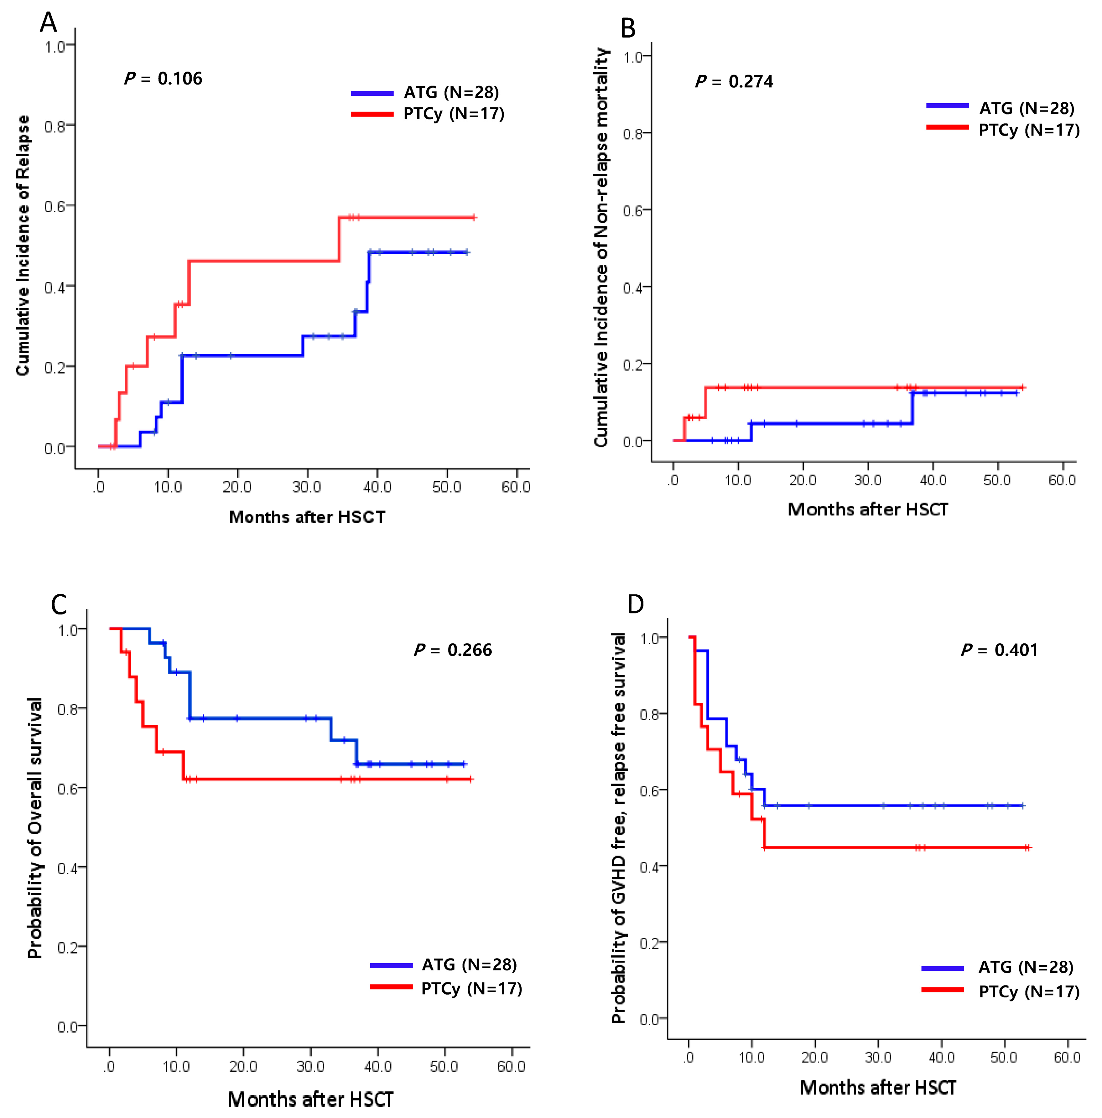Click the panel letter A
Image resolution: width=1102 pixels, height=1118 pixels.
coord(49,23)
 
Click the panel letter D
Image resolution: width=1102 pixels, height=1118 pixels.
coord(636,604)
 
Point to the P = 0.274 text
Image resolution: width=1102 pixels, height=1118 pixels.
coord(734,82)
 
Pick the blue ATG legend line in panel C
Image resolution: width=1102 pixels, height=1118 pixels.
coord(391,965)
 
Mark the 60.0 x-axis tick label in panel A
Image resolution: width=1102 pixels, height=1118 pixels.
coord(516,487)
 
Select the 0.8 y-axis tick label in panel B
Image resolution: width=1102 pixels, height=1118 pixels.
coord(633,134)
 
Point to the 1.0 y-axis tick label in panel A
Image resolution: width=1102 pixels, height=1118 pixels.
coord(55,46)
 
